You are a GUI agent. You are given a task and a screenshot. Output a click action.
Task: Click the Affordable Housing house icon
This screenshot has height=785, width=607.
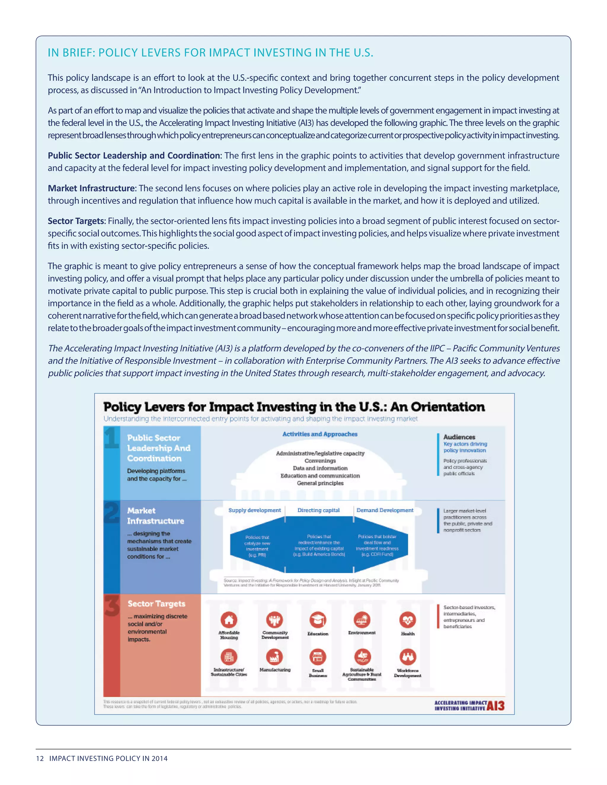click(229, 620)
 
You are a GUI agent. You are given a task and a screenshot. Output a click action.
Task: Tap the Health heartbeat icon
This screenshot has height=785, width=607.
click(408, 620)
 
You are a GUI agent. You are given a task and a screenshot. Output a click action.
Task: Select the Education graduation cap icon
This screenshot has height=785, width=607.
click(318, 620)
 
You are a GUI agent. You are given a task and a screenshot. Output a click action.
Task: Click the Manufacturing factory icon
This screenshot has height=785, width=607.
click(274, 657)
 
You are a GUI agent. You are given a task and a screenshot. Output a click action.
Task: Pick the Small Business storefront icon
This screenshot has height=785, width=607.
click(318, 657)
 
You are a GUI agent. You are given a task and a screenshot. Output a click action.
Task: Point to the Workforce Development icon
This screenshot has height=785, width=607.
click(408, 657)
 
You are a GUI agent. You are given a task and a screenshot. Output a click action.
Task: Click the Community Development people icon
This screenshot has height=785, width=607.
click(274, 620)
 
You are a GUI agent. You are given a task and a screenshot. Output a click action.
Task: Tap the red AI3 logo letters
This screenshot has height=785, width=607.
click(496, 706)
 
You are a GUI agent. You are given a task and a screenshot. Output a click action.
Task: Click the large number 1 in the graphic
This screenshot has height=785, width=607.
click(111, 438)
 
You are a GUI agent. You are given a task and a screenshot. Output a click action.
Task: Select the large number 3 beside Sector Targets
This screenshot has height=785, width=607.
click(112, 605)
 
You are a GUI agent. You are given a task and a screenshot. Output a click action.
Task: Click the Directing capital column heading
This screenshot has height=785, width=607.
click(318, 510)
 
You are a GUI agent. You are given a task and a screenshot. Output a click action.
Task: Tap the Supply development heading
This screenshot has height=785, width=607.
click(255, 510)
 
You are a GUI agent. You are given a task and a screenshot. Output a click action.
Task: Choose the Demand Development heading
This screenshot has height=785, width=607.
click(385, 510)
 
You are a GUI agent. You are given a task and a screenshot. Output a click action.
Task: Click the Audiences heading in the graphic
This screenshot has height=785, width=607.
click(459, 437)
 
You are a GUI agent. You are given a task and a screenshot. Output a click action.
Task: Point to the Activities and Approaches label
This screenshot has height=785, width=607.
click(320, 434)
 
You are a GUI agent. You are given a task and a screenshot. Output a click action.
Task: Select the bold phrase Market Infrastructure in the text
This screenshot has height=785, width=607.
click(92, 188)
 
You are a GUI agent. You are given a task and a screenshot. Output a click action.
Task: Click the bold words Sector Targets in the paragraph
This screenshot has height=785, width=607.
click(76, 221)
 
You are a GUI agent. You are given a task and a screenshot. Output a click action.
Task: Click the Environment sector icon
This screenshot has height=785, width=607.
click(362, 620)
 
